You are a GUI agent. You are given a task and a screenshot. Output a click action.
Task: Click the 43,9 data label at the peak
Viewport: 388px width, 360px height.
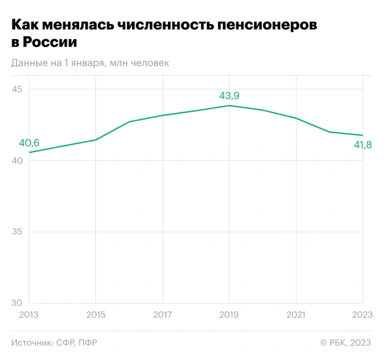tap(229, 96)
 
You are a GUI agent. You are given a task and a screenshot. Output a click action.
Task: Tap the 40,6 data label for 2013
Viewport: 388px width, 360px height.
tap(29, 143)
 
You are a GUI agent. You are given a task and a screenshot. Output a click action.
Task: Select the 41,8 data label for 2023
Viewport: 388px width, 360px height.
tap(363, 144)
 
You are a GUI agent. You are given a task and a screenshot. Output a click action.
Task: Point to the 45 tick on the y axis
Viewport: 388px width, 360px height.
tap(18, 90)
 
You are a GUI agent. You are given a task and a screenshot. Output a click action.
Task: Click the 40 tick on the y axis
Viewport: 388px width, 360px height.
tap(18, 161)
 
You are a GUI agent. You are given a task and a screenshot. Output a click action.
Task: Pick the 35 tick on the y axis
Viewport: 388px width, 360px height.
tap(18, 232)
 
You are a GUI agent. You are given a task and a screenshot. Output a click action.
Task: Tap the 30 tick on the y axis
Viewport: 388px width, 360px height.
tap(18, 303)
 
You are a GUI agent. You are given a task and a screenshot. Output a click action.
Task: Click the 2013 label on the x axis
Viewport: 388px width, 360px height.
tap(29, 315)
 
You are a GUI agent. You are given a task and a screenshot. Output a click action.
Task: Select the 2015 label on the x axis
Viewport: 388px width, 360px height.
tap(95, 315)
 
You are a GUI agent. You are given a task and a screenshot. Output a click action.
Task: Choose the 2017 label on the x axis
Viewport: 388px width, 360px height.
tap(162, 315)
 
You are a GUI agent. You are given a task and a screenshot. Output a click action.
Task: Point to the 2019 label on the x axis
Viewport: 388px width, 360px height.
tap(229, 315)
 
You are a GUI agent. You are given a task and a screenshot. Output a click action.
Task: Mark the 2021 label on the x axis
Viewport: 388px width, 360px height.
tap(295, 315)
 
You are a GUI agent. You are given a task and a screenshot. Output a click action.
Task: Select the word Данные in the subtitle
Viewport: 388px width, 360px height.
tap(30, 63)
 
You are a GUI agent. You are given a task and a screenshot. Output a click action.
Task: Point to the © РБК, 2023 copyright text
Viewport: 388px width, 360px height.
tap(346, 342)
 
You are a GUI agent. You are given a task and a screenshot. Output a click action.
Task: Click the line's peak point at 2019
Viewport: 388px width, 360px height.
tap(229, 105)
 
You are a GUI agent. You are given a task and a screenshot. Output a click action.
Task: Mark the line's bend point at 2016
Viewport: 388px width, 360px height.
tap(129, 122)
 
